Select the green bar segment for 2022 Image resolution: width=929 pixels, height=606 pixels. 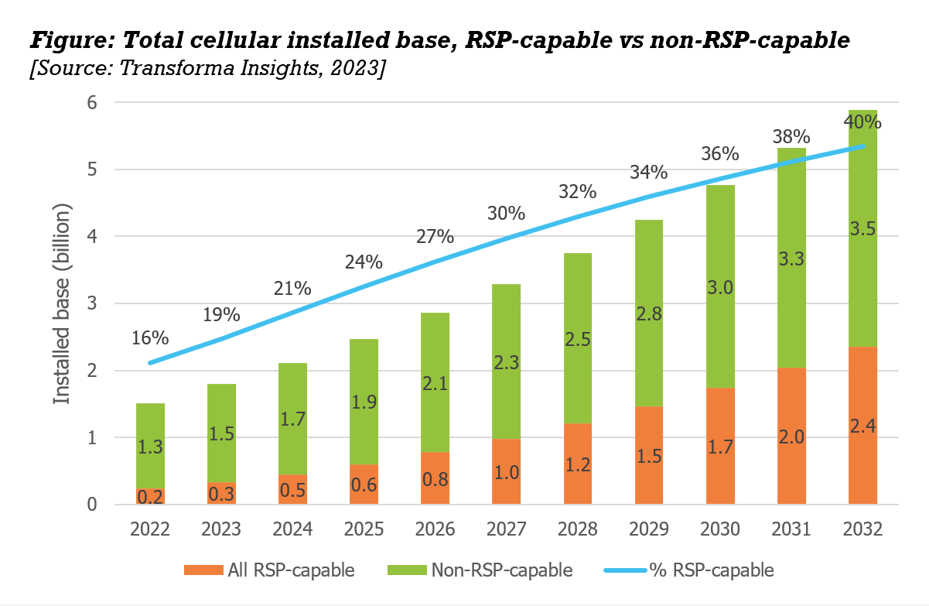pos(150,433)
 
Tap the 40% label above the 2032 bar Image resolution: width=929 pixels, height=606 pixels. pos(863,122)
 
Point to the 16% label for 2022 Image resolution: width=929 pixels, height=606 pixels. pos(150,338)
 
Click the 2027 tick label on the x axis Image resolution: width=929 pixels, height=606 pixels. pos(506,529)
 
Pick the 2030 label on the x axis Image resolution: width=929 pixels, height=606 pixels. pos(720,529)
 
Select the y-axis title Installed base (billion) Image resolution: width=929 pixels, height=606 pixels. pos(62,303)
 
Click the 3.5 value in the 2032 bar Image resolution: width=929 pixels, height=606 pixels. pos(863,230)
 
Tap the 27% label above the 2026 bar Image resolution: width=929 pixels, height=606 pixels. pos(435,236)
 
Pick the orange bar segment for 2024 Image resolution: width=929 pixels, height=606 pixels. pos(292,490)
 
